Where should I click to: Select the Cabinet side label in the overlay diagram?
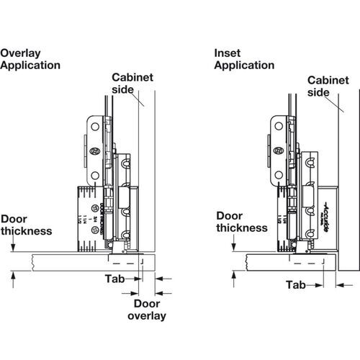[x=130, y=84]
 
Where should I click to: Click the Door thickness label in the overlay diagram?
[x=27, y=225]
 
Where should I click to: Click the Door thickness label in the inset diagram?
[x=243, y=221]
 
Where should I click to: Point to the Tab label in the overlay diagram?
[x=114, y=278]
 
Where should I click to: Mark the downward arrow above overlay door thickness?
[x=13, y=246]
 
